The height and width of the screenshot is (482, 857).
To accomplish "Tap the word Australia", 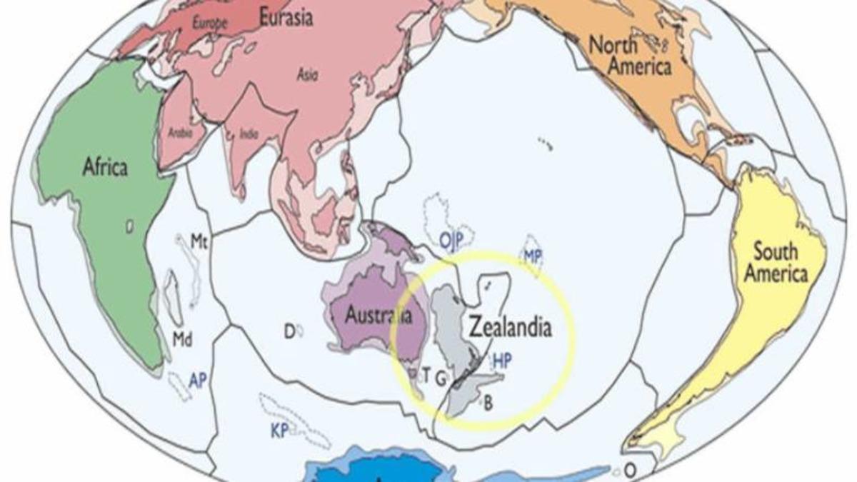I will (x=379, y=315).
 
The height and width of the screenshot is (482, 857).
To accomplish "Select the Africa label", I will (x=105, y=168).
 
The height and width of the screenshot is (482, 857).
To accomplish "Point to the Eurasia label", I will (x=285, y=17).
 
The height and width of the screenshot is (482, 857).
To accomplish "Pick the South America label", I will (x=781, y=261).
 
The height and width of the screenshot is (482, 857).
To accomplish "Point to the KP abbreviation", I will (x=279, y=431).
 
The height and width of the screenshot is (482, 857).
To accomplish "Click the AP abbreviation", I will (x=198, y=381).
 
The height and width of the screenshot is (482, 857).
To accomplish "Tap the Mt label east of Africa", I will (x=199, y=242).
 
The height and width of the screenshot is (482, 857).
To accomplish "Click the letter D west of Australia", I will (x=289, y=331).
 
